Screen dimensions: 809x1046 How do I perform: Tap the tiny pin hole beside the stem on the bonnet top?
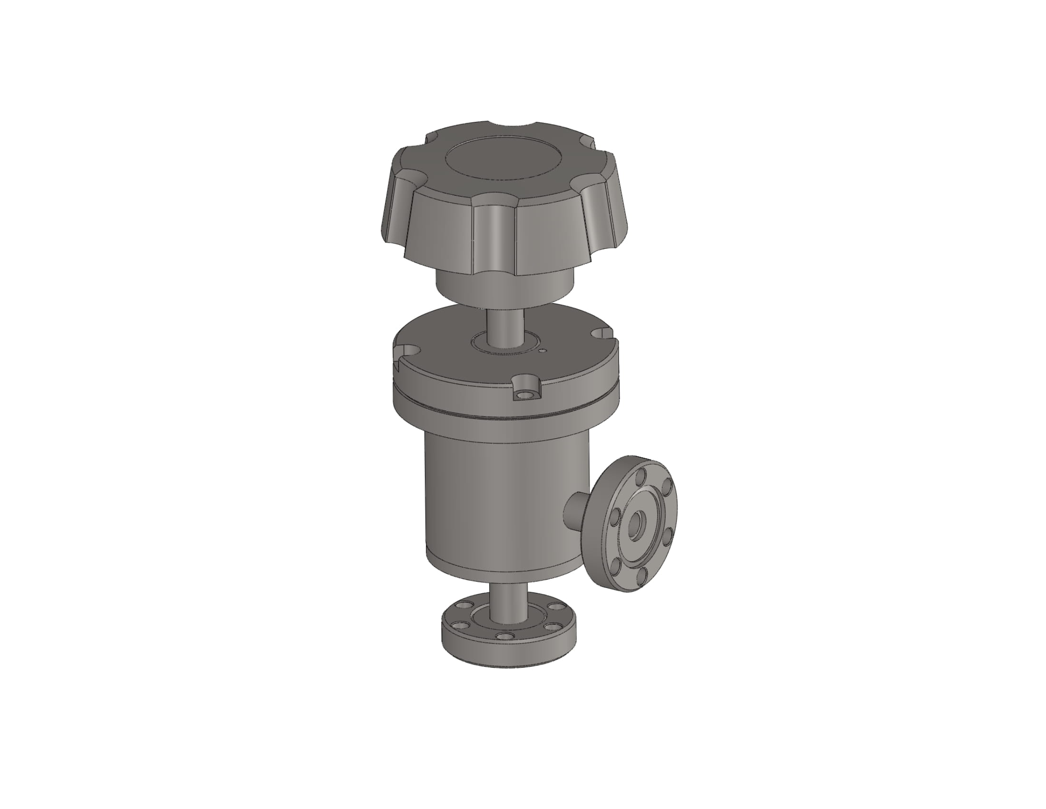[542, 351]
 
